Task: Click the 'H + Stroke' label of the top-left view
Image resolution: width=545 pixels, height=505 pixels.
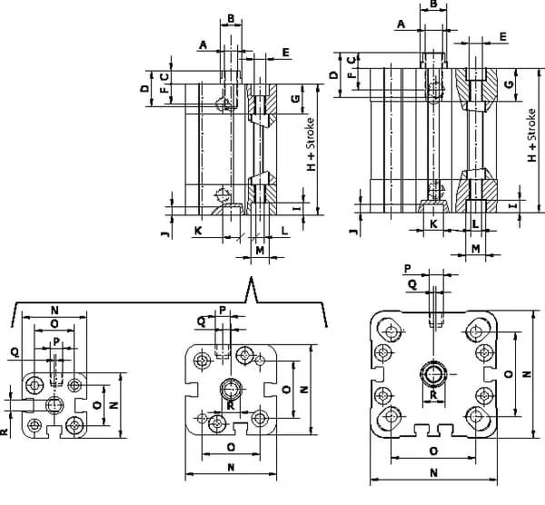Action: pyautogui.click(x=311, y=146)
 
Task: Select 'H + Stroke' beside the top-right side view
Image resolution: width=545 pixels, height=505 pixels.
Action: pyautogui.click(x=532, y=134)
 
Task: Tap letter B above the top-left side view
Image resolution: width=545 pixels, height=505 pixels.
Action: pyautogui.click(x=232, y=17)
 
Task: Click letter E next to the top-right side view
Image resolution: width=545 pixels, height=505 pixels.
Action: pyautogui.click(x=502, y=36)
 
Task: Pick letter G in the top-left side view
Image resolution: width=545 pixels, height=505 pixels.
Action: pyautogui.click(x=295, y=96)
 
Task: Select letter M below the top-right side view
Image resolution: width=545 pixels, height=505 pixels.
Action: pyautogui.click(x=475, y=247)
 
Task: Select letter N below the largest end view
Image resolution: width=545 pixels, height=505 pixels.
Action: pyautogui.click(x=433, y=473)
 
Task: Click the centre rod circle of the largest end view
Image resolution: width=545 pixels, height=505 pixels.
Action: pyautogui.click(x=432, y=372)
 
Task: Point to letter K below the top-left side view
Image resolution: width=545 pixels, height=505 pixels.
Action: pyautogui.click(x=197, y=231)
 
